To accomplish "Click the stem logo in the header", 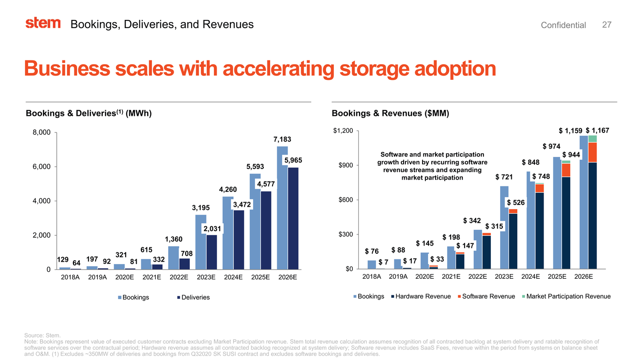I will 43,24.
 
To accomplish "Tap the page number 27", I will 607,24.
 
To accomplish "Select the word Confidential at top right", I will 563,25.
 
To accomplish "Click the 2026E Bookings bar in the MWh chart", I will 282,208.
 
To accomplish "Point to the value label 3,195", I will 201,208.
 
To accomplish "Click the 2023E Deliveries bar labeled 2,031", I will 212,252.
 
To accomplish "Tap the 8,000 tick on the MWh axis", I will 42,133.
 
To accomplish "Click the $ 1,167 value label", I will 597,131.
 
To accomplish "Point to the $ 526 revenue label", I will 515,202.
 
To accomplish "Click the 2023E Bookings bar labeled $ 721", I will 504,227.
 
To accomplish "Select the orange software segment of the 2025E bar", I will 566,170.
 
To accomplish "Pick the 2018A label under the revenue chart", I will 372,277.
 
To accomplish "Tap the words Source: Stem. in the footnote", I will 42,335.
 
